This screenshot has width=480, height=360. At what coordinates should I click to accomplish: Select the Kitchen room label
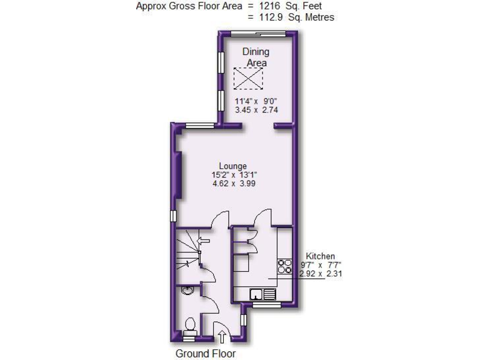click(x=320, y=256)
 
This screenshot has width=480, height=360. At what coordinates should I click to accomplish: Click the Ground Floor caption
click(x=205, y=353)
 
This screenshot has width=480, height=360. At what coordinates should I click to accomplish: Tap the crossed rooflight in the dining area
click(x=249, y=79)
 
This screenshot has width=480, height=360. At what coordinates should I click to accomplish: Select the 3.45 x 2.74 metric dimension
click(x=256, y=110)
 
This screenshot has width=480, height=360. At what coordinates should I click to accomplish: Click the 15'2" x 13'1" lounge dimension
click(x=234, y=174)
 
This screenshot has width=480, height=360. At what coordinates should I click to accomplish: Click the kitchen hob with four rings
click(x=284, y=266)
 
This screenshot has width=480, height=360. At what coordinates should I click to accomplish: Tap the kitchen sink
click(x=262, y=293)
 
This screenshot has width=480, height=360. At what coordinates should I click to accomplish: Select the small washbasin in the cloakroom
click(x=186, y=289)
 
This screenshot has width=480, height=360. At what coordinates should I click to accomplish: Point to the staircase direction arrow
click(x=202, y=240)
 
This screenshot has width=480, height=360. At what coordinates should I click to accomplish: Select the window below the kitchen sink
click(x=266, y=306)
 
